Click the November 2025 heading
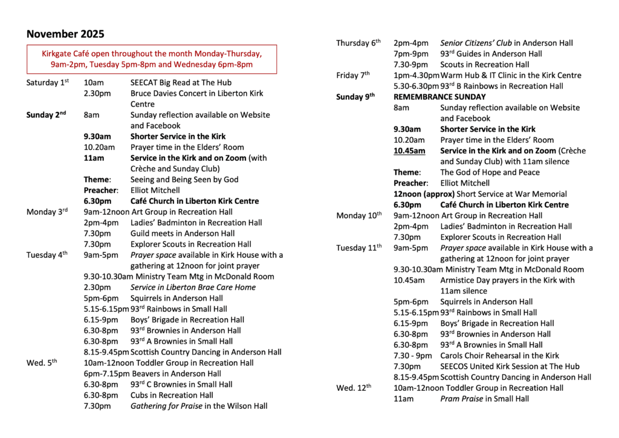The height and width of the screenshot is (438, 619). (65, 34)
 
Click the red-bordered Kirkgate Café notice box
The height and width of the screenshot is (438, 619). (152, 59)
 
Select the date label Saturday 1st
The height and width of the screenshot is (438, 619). (48, 82)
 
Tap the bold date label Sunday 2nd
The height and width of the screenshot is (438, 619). (46, 115)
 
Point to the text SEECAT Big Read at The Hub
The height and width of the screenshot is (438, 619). (181, 82)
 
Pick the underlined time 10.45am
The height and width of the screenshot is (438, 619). (409, 151)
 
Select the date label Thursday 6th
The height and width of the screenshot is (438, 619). (358, 43)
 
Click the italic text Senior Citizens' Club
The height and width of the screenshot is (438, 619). (476, 43)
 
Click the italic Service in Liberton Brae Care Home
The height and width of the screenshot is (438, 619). (193, 287)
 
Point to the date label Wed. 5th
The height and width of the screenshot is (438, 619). (42, 363)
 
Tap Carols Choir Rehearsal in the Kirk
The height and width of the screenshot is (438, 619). (499, 356)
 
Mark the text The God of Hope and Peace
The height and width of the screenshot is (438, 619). (490, 172)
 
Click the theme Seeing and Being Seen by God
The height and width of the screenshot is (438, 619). (184, 180)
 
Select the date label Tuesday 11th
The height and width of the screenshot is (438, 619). (359, 247)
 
